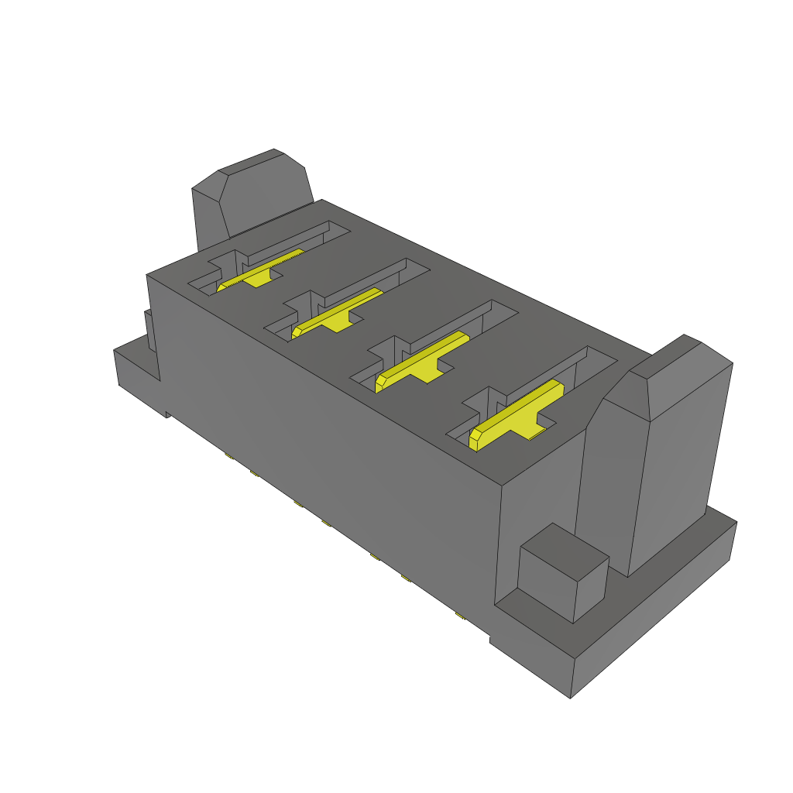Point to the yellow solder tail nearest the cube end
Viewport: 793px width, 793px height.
click(458, 616)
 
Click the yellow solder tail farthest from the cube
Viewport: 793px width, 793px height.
click(228, 456)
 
